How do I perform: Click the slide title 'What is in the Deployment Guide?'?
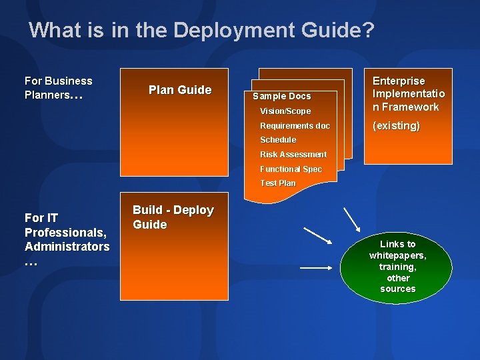click(x=202, y=30)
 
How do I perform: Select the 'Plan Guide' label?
click(x=179, y=90)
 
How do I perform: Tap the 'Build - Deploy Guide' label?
click(x=173, y=217)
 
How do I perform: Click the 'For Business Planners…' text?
click(x=58, y=88)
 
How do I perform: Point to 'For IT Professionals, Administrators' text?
click(x=67, y=239)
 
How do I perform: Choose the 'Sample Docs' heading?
click(x=281, y=97)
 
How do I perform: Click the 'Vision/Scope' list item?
click(x=285, y=111)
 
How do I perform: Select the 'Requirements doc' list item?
click(x=295, y=126)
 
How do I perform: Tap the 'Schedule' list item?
click(x=278, y=140)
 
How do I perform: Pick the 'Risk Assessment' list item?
click(x=293, y=155)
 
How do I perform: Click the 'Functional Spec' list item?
click(x=291, y=169)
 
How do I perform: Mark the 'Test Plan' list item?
click(x=277, y=183)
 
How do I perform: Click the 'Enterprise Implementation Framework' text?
click(x=408, y=94)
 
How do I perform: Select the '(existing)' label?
click(x=396, y=126)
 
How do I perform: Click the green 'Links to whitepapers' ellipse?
click(x=397, y=267)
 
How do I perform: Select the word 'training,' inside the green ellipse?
click(x=397, y=267)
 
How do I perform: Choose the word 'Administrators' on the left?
click(x=67, y=247)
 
